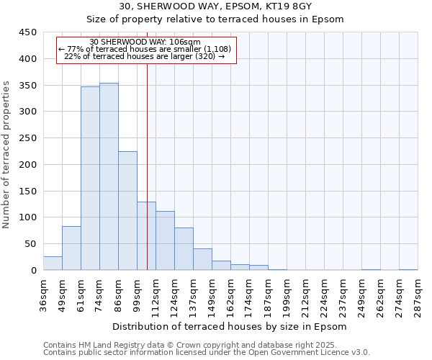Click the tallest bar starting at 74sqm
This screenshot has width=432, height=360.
[x=109, y=176]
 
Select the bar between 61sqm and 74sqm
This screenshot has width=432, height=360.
[x=90, y=179]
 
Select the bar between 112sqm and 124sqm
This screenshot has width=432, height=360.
[x=165, y=240]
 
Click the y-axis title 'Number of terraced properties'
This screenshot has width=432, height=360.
[x=6, y=154]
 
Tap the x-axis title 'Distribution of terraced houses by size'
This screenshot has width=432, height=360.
[x=230, y=327]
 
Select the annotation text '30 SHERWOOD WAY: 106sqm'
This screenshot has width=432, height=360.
[x=145, y=42]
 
